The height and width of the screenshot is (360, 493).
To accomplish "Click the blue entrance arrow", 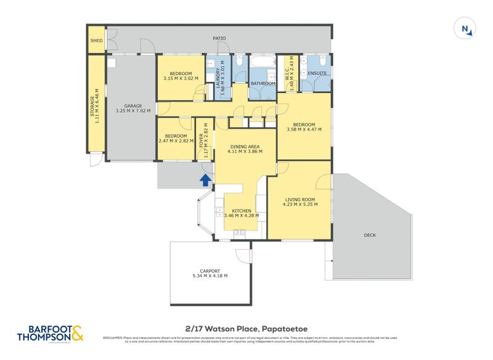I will click(205, 179).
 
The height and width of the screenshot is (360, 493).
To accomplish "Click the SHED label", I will click(96, 42).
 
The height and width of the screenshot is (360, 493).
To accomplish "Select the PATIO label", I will click(219, 38).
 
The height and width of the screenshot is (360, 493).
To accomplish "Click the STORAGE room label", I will click(93, 106).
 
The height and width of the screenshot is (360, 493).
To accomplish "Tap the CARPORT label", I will click(210, 271).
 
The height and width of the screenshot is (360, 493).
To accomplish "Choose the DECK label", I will click(370, 235).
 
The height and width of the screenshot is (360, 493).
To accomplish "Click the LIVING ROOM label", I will click(300, 199).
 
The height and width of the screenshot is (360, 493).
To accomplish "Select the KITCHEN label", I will click(242, 211).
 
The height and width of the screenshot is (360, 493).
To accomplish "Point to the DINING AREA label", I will click(241, 146).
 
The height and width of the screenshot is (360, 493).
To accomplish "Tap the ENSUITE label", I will click(317, 73).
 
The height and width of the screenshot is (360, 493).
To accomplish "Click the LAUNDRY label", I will click(218, 77).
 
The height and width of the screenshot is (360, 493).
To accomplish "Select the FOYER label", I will click(201, 143).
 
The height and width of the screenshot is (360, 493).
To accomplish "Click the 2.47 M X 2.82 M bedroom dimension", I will click(176, 141).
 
